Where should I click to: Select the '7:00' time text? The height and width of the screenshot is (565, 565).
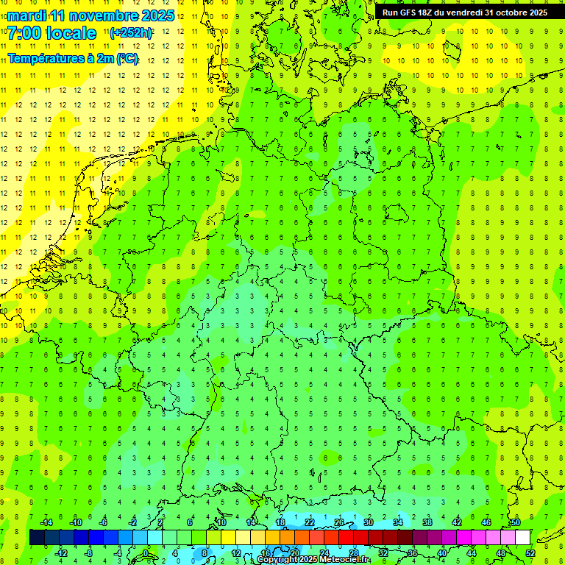23,33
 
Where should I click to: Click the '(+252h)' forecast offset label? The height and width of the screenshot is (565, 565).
131,33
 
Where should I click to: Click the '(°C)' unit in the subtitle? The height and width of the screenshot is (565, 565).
126,58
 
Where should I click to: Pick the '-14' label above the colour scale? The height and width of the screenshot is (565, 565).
46,522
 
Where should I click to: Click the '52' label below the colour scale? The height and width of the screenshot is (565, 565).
530,553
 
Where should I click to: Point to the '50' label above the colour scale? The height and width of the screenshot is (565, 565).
516,522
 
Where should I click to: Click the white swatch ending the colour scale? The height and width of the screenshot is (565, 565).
522,538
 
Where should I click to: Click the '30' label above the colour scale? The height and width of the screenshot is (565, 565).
369,522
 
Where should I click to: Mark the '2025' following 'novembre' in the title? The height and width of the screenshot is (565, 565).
157,15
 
